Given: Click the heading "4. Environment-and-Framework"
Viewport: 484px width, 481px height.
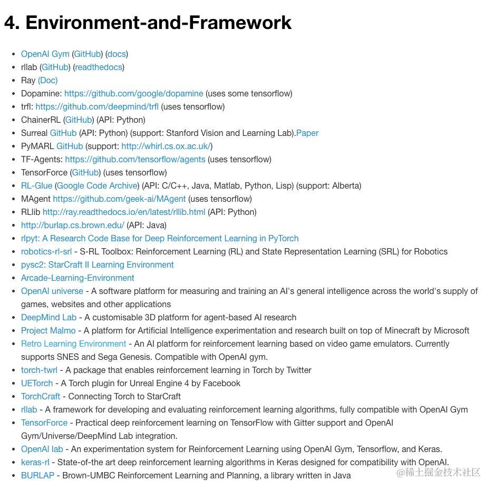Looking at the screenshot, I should [148, 22].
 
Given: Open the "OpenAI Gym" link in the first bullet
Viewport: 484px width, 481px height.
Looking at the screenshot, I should [45, 54].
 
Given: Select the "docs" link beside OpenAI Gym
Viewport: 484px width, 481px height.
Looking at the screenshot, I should [117, 54].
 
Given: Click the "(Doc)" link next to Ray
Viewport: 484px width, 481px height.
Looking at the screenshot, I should [47, 80].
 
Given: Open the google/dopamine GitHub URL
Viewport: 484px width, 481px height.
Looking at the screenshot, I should [133, 93].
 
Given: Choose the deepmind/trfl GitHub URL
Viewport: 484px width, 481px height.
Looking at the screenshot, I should [97, 106].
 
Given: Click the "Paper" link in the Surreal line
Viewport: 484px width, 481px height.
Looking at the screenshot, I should [307, 133].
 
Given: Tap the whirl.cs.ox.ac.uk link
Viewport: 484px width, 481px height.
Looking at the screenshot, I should [166, 146].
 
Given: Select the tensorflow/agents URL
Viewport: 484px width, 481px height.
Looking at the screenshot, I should [135, 159].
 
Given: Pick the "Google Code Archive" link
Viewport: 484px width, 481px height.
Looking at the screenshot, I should [97, 185].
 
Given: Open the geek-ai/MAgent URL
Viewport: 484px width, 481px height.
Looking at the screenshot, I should [119, 199].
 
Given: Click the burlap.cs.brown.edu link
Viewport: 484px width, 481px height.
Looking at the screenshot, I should [73, 225].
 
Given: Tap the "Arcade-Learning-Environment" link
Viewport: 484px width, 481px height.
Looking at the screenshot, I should [78, 278].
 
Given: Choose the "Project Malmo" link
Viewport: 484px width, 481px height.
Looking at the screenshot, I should [48, 330].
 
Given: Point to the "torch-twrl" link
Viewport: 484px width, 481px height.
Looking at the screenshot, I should [39, 370].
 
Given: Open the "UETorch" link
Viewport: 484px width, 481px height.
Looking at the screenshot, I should [37, 383].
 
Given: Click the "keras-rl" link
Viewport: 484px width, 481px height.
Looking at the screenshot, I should [35, 462].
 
